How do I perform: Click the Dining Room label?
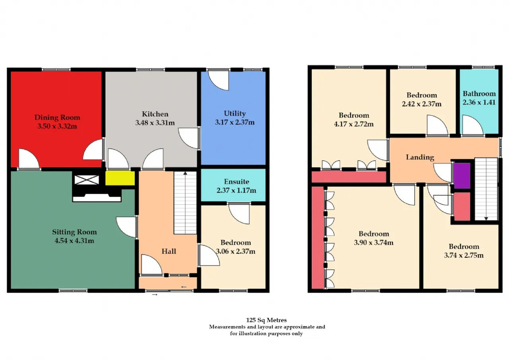[57, 117]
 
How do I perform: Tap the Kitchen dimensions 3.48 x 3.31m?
[155, 123]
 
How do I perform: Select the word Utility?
[235, 114]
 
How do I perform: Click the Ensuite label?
[236, 181]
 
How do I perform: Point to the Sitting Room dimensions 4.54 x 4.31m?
[74, 240]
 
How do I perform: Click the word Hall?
[169, 251]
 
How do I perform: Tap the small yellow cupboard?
[120, 178]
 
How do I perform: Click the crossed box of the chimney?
[87, 180]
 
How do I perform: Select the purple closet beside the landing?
[462, 175]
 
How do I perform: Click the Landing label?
[420, 157]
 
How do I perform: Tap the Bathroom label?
[479, 93]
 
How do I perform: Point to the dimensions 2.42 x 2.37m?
[422, 104]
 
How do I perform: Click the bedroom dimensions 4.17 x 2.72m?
[354, 124]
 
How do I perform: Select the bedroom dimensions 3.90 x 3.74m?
[373, 243]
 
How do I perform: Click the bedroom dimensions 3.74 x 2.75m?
[464, 255]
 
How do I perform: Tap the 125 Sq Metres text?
[266, 320]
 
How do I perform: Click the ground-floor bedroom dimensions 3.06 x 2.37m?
[236, 251]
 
